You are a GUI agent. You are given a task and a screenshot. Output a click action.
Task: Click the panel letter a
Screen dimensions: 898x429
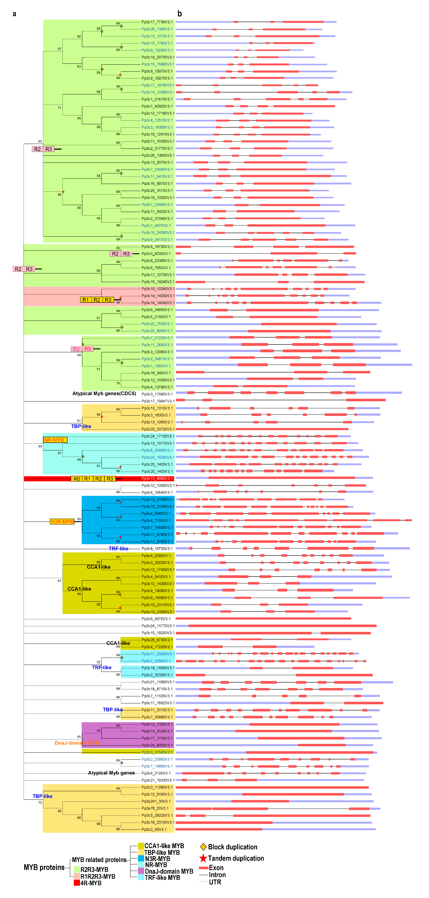coord(14,14)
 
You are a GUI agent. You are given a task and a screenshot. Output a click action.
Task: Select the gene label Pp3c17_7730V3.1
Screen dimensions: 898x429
coord(157,22)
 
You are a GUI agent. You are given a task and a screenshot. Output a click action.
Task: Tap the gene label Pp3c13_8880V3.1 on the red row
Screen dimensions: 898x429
coord(157,478)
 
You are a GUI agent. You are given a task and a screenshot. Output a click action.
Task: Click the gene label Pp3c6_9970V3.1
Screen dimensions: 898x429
coord(156,619)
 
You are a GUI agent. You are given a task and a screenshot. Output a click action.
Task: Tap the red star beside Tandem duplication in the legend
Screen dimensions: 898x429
coord(203,858)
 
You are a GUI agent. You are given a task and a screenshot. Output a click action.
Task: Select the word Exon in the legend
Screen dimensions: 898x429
coord(216,868)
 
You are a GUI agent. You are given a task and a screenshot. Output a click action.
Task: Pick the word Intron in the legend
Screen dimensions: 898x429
coord(217,875)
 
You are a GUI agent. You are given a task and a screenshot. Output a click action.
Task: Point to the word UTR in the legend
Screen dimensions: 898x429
coord(215,882)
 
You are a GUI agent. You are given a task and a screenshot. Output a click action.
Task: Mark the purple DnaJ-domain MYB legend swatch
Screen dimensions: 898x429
coord(141,871)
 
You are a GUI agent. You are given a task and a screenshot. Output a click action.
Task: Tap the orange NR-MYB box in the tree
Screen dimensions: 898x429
coord(55,440)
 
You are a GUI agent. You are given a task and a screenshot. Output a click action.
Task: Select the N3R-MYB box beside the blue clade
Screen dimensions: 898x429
coord(62,522)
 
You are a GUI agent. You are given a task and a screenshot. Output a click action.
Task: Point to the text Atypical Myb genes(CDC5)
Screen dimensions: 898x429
coord(104,394)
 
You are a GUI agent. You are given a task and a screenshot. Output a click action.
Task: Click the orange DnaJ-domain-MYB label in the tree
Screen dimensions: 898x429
coord(77,743)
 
